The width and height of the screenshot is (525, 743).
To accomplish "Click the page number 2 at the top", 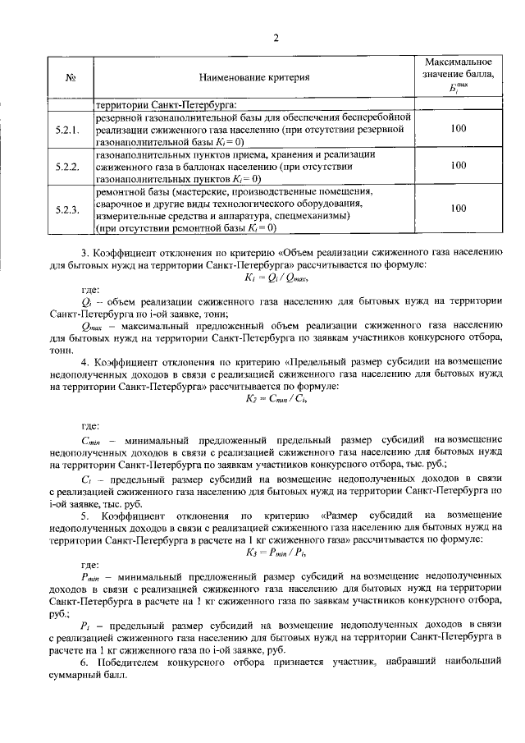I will (x=276, y=38).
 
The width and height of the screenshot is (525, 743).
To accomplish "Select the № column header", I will (x=71, y=78).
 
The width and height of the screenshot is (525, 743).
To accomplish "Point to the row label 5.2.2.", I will (x=71, y=166).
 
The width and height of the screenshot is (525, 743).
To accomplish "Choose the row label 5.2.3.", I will (x=71, y=209).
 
